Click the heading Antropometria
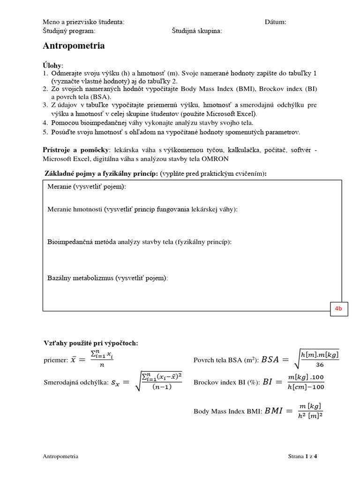(x=74, y=46)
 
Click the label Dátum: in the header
(x=275, y=22)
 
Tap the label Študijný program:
(x=69, y=31)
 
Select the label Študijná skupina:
(x=197, y=31)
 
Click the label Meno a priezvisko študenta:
(x=83, y=22)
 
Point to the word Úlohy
(x=52, y=65)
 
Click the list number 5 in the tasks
(x=45, y=132)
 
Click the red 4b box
(x=339, y=308)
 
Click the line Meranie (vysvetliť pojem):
(x=87, y=187)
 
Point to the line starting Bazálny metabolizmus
(x=107, y=277)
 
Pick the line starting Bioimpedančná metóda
(x=139, y=241)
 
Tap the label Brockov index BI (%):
(x=226, y=382)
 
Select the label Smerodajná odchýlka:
(x=75, y=382)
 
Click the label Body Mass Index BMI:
(x=228, y=411)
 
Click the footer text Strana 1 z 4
(x=302, y=456)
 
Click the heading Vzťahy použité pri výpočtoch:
(x=90, y=343)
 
